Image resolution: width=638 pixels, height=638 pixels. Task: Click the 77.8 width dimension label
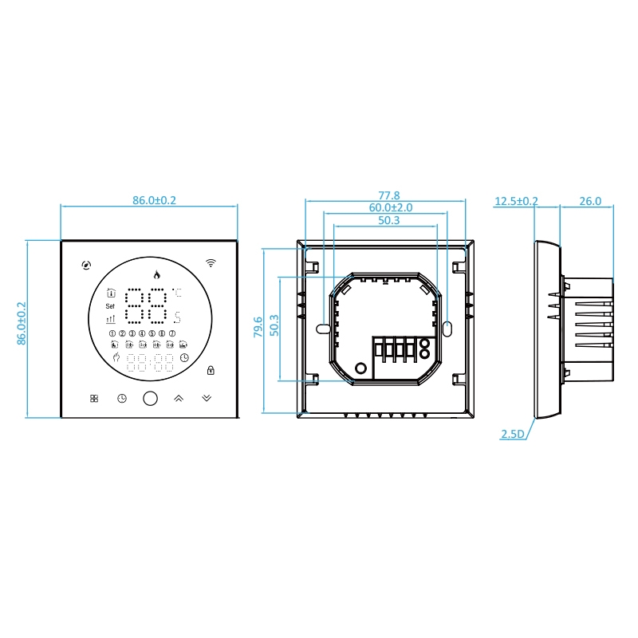389,195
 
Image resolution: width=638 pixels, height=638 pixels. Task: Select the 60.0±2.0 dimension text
391,207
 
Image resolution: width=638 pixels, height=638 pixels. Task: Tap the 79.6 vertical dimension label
258,327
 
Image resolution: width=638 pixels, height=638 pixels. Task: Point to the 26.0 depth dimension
590,201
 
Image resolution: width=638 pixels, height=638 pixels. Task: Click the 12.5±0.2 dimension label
516,201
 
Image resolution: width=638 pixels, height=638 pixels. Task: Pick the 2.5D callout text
513,434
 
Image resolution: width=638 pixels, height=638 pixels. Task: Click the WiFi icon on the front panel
211,262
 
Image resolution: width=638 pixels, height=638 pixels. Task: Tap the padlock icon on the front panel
211,370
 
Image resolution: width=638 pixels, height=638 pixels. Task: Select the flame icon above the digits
156,274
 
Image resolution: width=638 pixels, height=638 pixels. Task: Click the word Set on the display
110,306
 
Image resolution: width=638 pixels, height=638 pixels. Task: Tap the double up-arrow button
179,398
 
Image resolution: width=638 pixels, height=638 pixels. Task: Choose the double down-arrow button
207,398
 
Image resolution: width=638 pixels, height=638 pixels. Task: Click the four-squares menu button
94,398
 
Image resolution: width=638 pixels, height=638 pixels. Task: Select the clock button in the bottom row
122,398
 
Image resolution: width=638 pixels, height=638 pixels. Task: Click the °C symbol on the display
177,293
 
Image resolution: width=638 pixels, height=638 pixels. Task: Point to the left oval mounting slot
323,329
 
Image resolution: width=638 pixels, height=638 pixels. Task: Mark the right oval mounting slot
447,329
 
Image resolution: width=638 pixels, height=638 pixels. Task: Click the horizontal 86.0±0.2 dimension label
154,200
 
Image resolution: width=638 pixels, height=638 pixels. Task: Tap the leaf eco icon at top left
86,266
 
